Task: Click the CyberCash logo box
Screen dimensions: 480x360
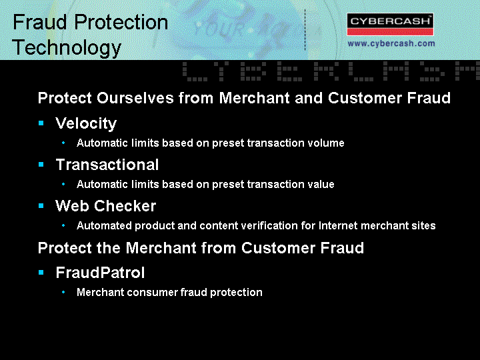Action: pos(390,24)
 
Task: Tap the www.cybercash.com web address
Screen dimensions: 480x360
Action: pos(391,43)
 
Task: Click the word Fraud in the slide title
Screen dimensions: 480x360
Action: pos(40,22)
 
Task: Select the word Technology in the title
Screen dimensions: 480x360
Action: pos(67,48)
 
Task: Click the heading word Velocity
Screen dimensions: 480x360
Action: pos(86,123)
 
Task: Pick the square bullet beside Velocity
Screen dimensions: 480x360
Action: pos(41,123)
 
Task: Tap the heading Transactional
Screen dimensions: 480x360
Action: pos(107,165)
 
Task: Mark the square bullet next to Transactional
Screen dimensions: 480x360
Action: pos(41,165)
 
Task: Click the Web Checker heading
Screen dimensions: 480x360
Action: pos(105,206)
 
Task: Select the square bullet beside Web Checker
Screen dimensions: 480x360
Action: pos(41,206)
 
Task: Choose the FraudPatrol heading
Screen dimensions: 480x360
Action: pos(100,273)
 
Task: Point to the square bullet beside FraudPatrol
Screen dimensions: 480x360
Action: pos(41,272)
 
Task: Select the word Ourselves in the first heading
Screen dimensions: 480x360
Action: pos(135,98)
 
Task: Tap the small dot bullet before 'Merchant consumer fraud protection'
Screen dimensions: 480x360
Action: pos(63,292)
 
